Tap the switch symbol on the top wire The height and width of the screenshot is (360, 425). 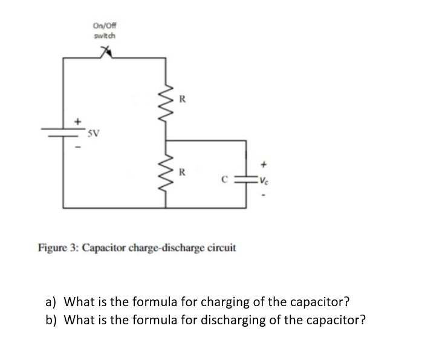click(x=109, y=56)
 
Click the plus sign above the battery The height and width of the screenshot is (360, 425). click(x=77, y=121)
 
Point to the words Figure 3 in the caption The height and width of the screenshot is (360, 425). click(x=57, y=248)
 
